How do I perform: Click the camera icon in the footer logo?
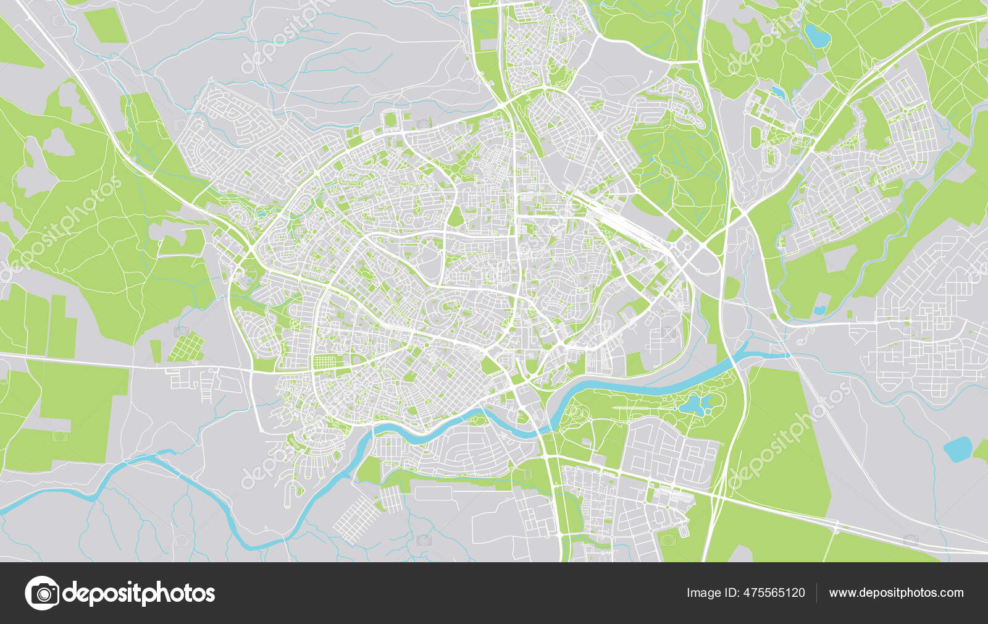(42, 593)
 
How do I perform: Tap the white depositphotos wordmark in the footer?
(140, 594)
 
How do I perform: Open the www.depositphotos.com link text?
(896, 593)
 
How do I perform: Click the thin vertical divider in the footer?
(817, 593)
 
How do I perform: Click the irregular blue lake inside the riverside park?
(695, 405)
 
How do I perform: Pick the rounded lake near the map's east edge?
(958, 449)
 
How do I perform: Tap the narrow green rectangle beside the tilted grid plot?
(156, 351)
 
